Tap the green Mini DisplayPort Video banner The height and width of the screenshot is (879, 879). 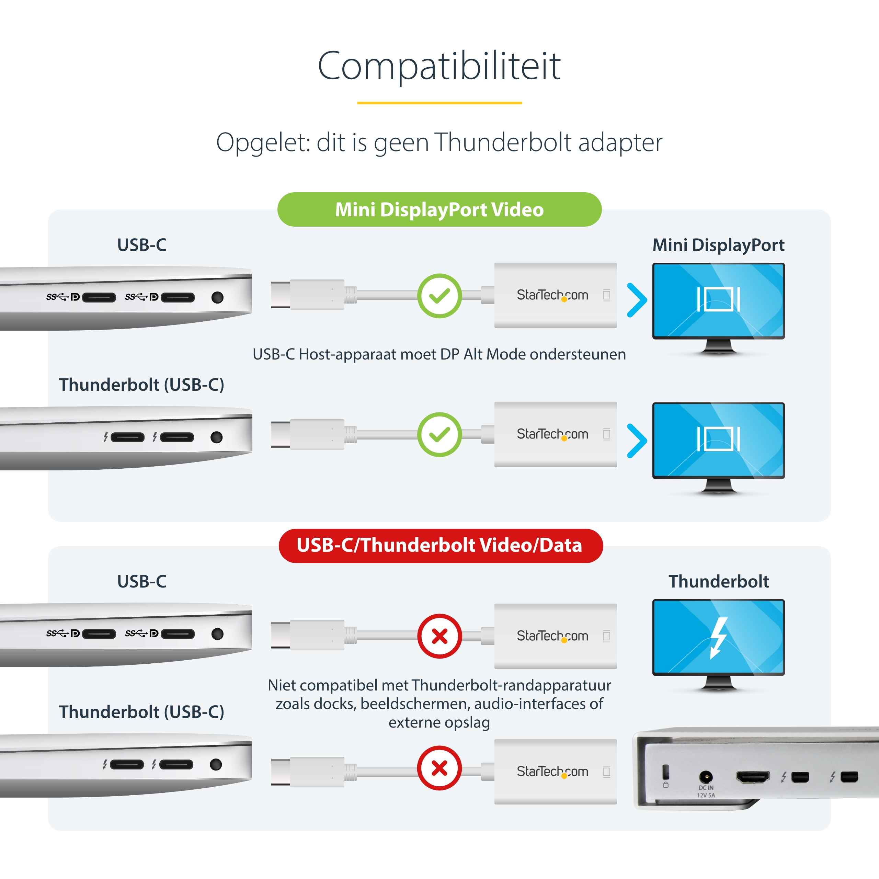(439, 209)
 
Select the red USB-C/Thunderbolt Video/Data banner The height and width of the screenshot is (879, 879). (441, 546)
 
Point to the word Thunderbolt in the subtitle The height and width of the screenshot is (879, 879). (503, 142)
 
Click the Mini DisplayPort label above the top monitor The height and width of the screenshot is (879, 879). (718, 245)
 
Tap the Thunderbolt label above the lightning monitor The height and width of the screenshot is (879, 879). (719, 581)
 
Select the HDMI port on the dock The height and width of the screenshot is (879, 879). (753, 777)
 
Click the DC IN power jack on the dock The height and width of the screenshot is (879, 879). (706, 776)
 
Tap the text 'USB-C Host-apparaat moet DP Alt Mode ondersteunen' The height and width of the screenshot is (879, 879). (439, 354)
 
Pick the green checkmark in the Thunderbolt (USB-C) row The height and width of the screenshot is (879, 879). (439, 434)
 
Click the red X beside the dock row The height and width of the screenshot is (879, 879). (439, 768)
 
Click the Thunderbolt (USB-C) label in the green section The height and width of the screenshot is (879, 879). (141, 385)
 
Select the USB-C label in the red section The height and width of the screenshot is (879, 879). (141, 581)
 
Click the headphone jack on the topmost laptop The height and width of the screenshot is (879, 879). (217, 298)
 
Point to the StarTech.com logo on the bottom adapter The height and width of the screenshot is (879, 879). (552, 772)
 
